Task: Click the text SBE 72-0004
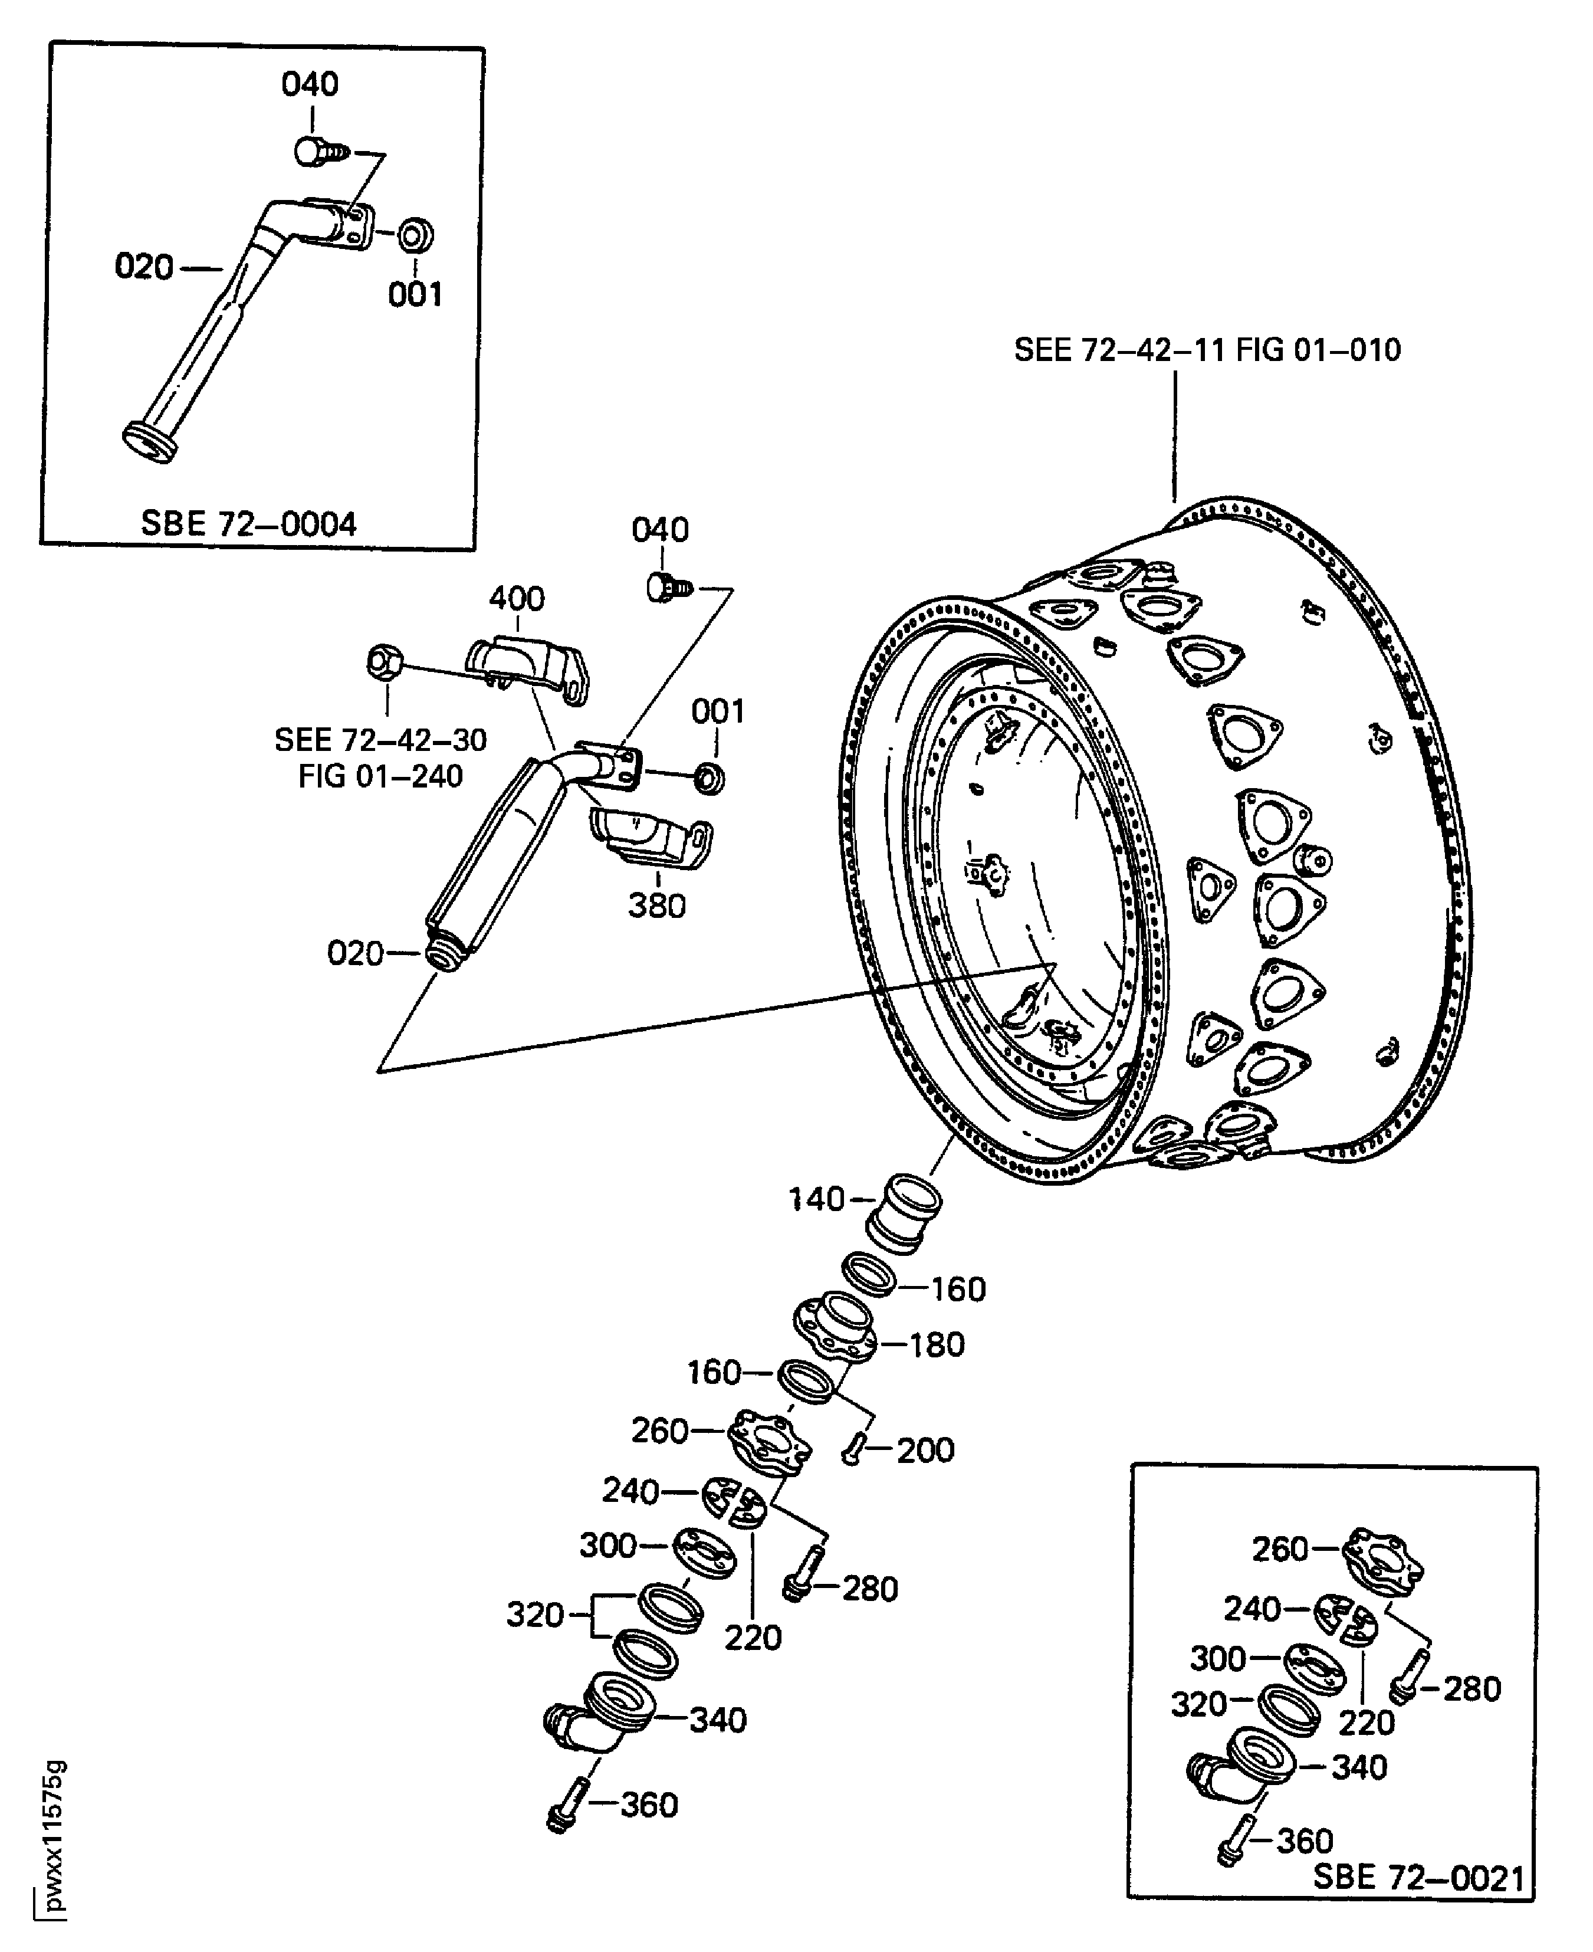click(x=248, y=524)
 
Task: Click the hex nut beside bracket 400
click(x=383, y=662)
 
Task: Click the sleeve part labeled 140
click(x=905, y=1212)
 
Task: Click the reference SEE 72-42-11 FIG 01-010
click(x=1207, y=350)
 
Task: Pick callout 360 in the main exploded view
click(x=649, y=1805)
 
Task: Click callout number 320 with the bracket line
click(x=534, y=1614)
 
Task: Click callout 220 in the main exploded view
click(x=753, y=1637)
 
